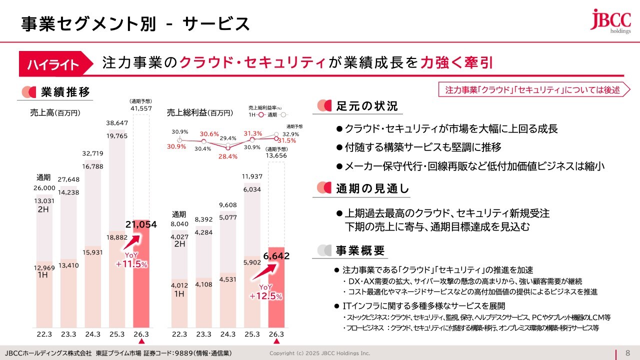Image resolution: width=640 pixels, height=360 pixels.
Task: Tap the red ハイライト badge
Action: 53,64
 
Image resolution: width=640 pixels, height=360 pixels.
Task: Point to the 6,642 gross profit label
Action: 275,256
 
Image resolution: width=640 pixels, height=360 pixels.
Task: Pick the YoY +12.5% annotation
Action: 266,291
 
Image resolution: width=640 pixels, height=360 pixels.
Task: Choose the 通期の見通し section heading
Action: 372,188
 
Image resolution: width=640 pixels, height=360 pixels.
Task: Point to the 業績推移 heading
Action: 65,92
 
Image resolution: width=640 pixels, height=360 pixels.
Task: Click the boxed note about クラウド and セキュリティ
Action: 532,89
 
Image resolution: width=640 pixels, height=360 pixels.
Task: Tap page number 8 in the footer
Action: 628,353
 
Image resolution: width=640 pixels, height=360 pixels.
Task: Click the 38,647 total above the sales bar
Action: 117,122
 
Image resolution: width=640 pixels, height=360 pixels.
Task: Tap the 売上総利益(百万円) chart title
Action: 200,113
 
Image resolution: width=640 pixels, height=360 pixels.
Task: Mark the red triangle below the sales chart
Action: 141,341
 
